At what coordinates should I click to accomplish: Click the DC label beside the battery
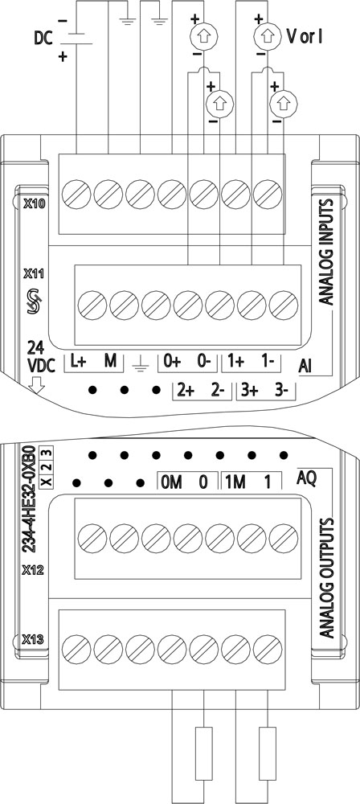44,39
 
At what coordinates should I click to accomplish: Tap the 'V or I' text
304,37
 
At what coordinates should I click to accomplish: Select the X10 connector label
35,204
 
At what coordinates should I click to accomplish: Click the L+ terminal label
78,363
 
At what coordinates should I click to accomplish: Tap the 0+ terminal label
172,363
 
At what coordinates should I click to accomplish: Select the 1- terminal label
268,363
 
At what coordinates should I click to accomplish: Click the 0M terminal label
171,482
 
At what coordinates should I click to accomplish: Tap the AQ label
307,478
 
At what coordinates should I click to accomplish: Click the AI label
306,366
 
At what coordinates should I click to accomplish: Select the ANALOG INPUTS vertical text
326,252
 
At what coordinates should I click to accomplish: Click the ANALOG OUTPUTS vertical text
326,578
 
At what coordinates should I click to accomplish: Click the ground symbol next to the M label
140,363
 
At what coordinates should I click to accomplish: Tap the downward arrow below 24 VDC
35,384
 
